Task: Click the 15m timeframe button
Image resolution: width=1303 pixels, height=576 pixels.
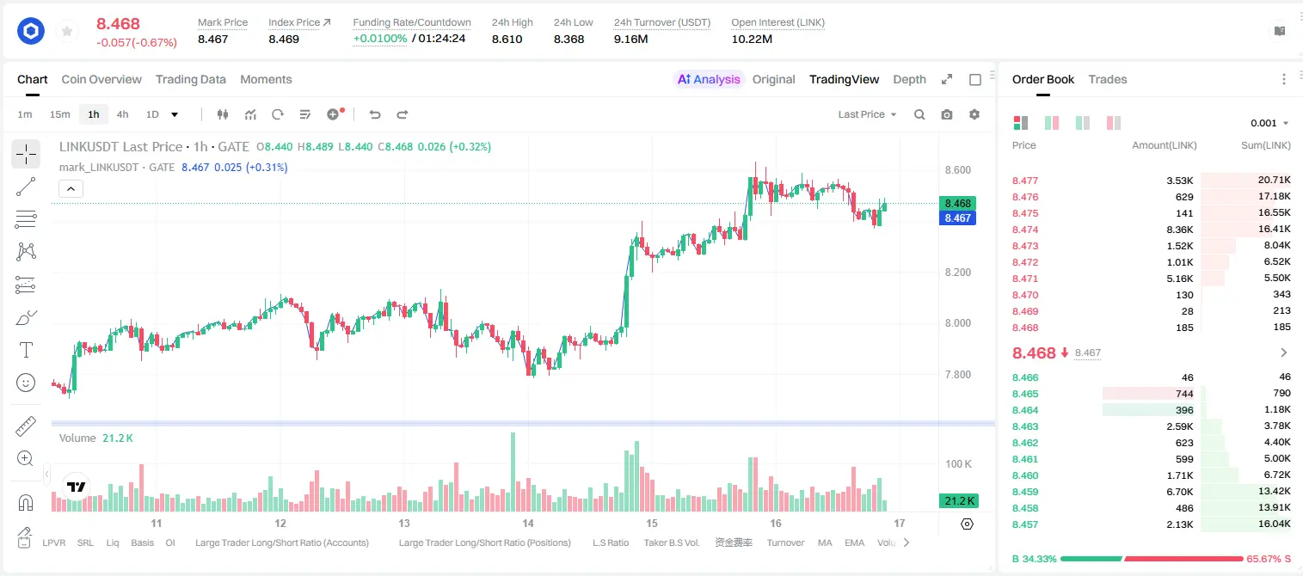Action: pyautogui.click(x=59, y=114)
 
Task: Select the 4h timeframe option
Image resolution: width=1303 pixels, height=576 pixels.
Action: pyautogui.click(x=122, y=114)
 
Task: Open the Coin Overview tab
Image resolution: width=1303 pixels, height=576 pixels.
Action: pyautogui.click(x=101, y=79)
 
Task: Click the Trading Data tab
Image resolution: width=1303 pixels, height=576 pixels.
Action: pyautogui.click(x=190, y=79)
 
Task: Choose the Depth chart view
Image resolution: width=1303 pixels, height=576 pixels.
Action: pyautogui.click(x=909, y=79)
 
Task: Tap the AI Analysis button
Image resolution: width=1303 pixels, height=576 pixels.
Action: pyautogui.click(x=709, y=79)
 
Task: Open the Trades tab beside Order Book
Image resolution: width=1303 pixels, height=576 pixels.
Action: pyautogui.click(x=1108, y=79)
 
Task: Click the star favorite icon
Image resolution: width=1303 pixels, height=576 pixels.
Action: pyautogui.click(x=67, y=31)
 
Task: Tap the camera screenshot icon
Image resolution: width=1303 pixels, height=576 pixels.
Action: pyautogui.click(x=947, y=114)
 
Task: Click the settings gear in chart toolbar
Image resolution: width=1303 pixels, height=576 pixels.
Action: pyautogui.click(x=974, y=114)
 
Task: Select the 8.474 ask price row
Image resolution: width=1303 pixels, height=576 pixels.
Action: pyautogui.click(x=1025, y=230)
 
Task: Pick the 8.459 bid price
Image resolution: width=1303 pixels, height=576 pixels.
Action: pyautogui.click(x=1025, y=492)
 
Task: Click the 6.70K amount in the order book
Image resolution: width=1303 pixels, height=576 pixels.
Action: pyautogui.click(x=1180, y=492)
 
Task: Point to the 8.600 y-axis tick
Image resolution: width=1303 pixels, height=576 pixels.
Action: pyautogui.click(x=957, y=169)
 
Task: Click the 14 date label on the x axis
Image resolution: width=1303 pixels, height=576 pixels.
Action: pyautogui.click(x=527, y=523)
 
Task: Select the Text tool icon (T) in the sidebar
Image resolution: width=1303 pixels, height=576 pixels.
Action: pyautogui.click(x=26, y=350)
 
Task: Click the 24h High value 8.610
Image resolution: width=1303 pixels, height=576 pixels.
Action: pyautogui.click(x=507, y=39)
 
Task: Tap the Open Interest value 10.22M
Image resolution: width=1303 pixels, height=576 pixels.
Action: pyautogui.click(x=752, y=39)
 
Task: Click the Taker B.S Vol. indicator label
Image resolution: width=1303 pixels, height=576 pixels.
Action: pyautogui.click(x=671, y=542)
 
